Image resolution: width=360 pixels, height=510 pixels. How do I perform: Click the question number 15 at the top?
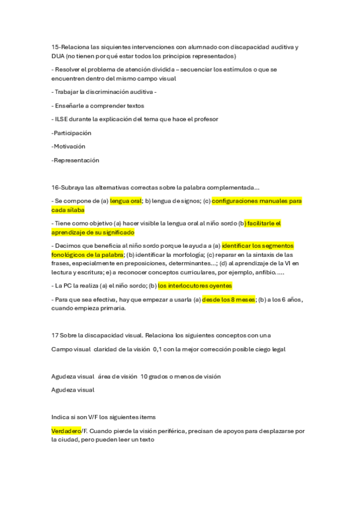pos(55,47)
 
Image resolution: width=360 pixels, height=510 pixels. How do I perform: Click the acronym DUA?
pos(59,56)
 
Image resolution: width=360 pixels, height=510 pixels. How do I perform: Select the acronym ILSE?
pos(63,119)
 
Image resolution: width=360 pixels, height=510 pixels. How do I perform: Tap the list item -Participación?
pos(71,133)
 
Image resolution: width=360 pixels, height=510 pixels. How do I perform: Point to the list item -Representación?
pos(75,160)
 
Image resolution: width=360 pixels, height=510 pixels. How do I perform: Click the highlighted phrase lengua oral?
pos(126,201)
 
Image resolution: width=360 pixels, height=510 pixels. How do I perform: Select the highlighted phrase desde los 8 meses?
pos(229,299)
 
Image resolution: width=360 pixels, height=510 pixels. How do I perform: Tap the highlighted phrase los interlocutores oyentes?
pos(195,286)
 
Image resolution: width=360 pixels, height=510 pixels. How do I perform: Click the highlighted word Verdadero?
pos(66,431)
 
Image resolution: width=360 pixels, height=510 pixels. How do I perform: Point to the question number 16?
pos(55,187)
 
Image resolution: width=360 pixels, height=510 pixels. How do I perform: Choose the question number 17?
pos(55,335)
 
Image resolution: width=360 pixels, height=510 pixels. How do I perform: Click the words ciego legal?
pos(270,349)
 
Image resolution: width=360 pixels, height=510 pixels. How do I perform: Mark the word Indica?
pos(61,417)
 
